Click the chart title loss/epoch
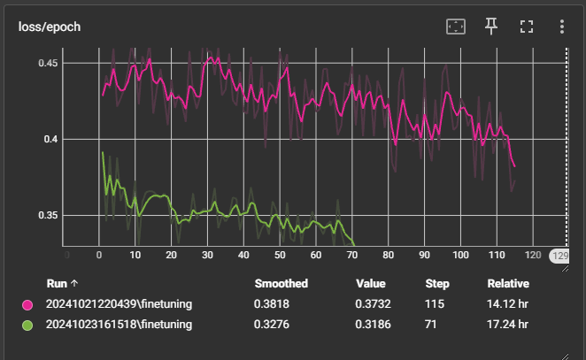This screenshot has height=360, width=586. pos(50,27)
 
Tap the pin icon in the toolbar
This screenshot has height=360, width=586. pos(491,27)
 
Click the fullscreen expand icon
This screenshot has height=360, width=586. pos(527,27)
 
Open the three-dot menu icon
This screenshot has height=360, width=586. pos(561,27)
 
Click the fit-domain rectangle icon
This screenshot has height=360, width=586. pos(455,27)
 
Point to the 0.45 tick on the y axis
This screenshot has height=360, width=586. pos(48,64)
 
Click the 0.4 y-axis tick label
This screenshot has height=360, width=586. pos(51,140)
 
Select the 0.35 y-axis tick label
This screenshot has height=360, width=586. pos(48,216)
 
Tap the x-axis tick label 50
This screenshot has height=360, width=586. pos(280,256)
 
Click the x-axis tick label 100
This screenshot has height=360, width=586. pos(460,256)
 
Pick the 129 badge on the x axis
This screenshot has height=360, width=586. pos(560,256)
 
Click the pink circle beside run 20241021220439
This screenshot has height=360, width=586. pos(27,305)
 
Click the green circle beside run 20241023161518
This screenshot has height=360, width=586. pos(27,326)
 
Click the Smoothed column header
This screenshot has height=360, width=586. pos(281,284)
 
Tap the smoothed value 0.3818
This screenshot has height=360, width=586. pos(272,305)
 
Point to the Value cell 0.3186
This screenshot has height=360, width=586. pos(370,326)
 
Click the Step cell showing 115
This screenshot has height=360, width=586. pos(434,305)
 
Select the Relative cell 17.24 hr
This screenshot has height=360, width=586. pos(508,326)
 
